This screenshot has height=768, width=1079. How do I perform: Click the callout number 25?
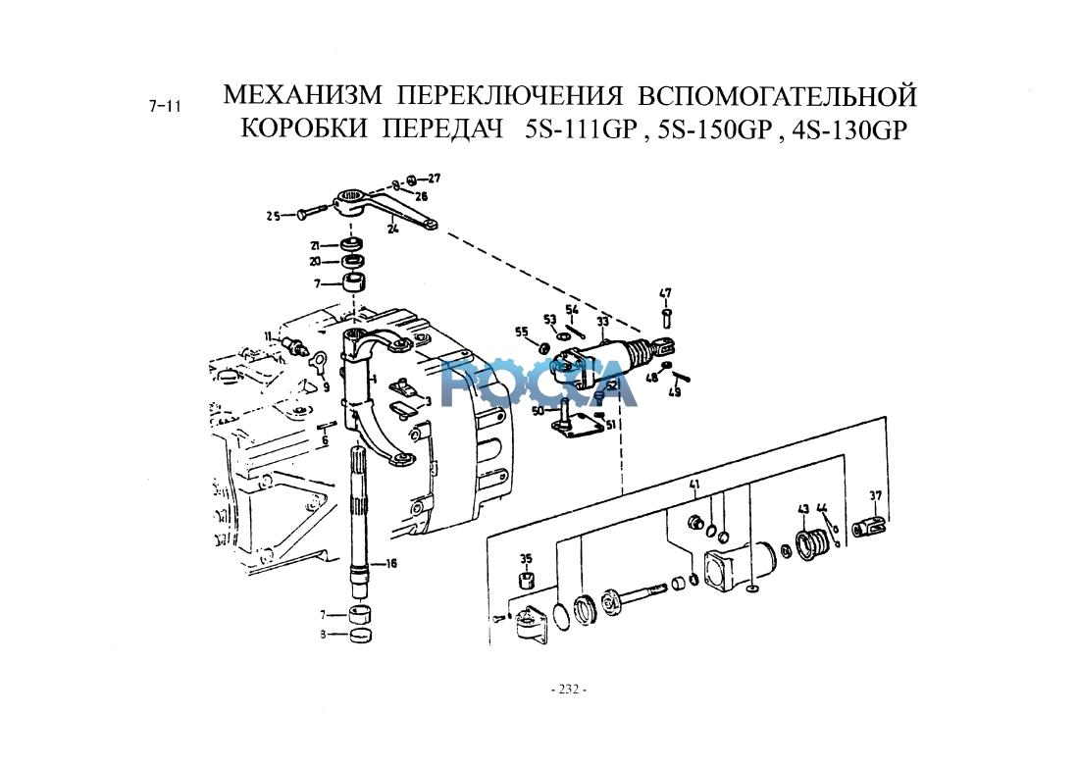(x=273, y=215)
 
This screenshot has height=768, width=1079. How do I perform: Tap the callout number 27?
(x=434, y=179)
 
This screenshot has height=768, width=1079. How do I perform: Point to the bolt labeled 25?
(x=312, y=212)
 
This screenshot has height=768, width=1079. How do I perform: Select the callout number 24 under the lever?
(x=391, y=230)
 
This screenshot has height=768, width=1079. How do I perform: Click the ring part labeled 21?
(x=351, y=243)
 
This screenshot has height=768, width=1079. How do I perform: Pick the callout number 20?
(x=315, y=262)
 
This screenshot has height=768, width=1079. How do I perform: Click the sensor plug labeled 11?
(x=295, y=344)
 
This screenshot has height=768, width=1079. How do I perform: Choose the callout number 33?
(x=603, y=321)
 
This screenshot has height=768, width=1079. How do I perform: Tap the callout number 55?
(x=521, y=331)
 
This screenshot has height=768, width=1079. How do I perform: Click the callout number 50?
(x=538, y=411)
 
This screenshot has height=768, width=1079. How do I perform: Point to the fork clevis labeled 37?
(x=870, y=526)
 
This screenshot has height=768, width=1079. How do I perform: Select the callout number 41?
(x=694, y=486)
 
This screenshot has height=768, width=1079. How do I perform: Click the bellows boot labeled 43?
(x=812, y=542)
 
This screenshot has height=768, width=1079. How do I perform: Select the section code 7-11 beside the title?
(x=165, y=106)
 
